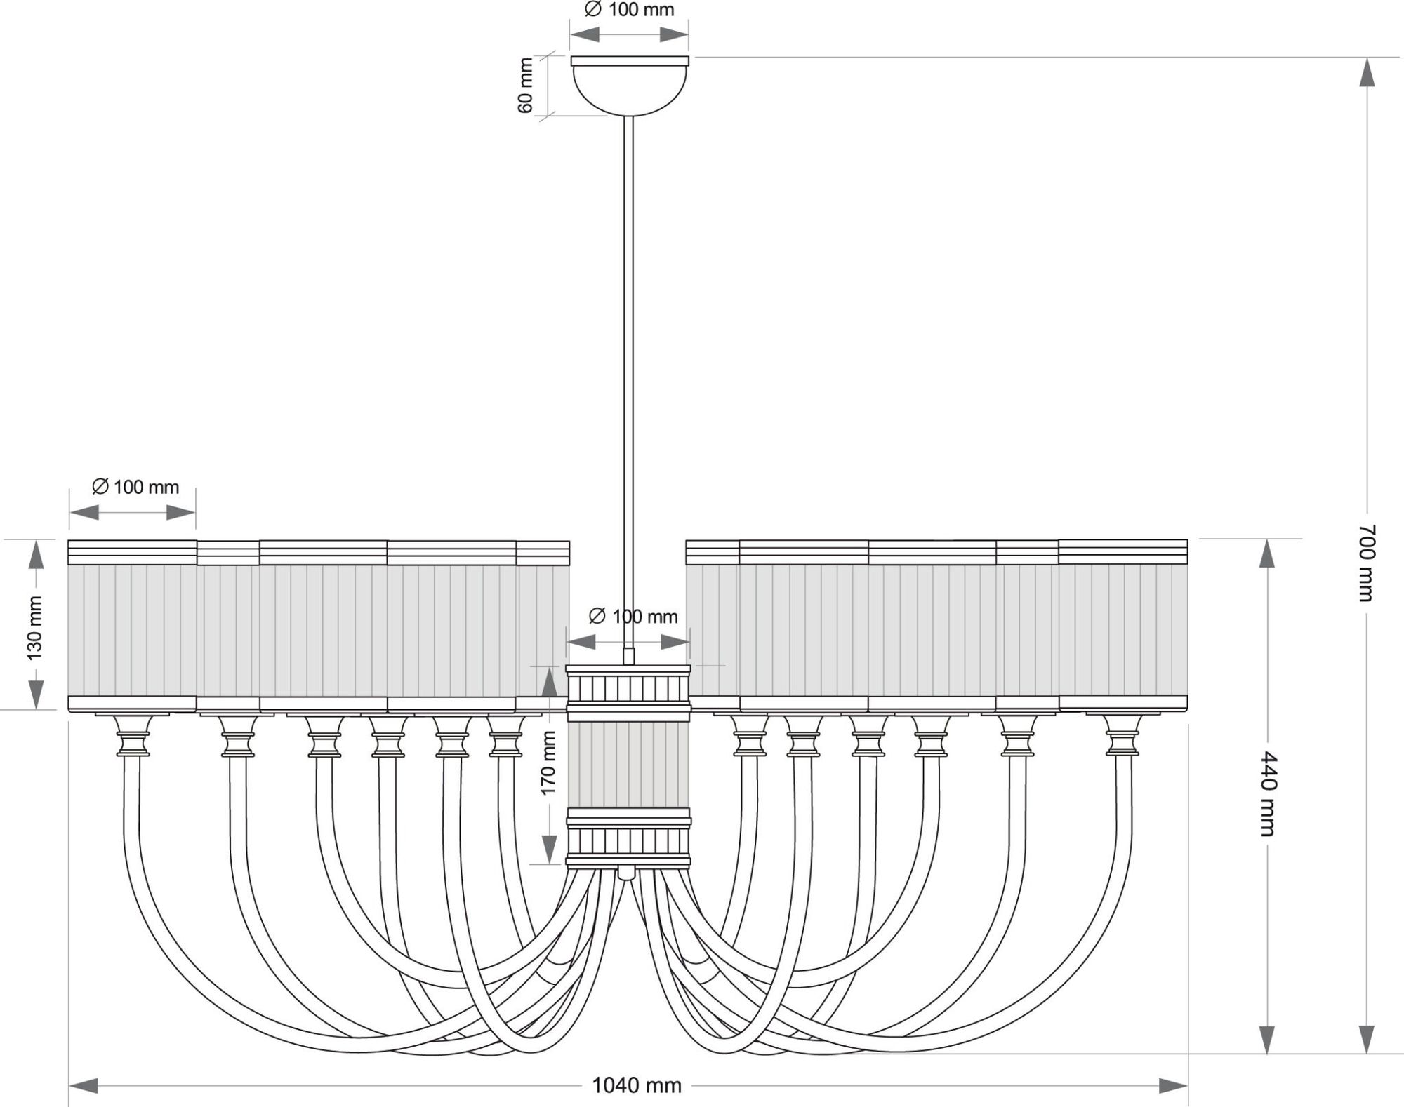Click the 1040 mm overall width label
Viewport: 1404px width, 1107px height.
(636, 1086)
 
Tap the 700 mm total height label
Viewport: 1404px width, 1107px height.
(1365, 563)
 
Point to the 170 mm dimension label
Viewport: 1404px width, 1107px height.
(548, 763)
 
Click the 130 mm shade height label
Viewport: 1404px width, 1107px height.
(34, 628)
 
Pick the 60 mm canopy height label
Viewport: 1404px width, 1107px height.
(525, 86)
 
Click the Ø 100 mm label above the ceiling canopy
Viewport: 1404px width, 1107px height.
(629, 10)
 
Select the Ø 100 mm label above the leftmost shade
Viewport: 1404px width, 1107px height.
(135, 487)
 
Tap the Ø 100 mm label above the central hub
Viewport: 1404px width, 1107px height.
(633, 617)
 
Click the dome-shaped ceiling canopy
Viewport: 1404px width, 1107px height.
(630, 86)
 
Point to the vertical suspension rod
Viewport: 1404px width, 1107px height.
(629, 389)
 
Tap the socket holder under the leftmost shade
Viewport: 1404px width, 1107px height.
(133, 735)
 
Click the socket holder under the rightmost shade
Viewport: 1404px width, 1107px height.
(1122, 735)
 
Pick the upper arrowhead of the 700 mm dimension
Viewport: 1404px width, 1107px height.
(1366, 72)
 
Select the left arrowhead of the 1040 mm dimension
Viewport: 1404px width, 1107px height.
(84, 1086)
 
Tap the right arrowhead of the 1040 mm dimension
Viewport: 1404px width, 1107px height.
(1173, 1086)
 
